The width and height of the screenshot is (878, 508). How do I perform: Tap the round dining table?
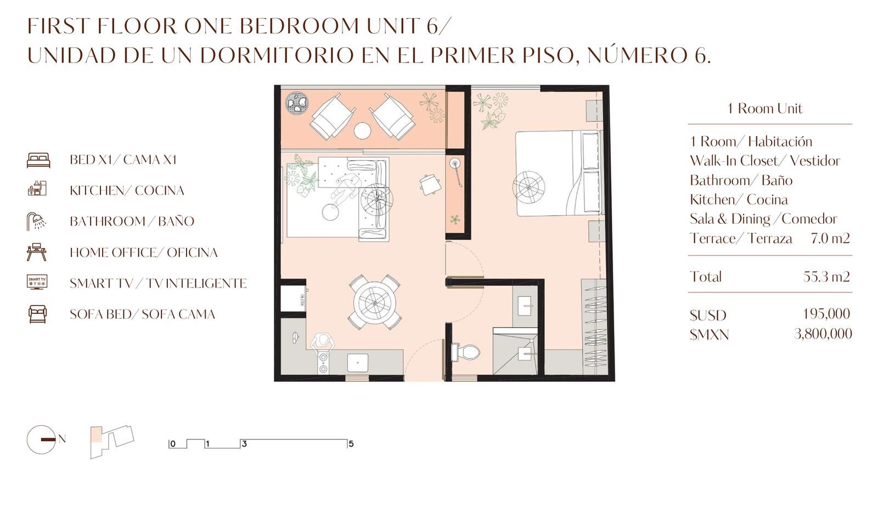[374, 302]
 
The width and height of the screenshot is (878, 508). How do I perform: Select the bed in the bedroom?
[558, 173]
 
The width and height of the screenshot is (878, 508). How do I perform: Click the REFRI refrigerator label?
[302, 300]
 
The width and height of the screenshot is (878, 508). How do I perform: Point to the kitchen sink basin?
[357, 363]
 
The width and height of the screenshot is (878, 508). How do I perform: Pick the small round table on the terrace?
[362, 131]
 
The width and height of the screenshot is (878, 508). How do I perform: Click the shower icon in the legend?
[36, 221]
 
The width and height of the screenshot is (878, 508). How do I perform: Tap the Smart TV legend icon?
[37, 282]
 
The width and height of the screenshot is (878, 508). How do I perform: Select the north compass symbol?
[41, 439]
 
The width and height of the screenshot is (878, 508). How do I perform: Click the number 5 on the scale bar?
[351, 444]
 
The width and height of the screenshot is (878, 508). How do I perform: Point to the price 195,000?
[826, 314]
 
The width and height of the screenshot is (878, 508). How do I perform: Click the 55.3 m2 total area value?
[826, 276]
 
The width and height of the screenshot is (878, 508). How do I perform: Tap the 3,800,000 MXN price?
[823, 334]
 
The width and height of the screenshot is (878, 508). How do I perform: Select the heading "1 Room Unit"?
[765, 108]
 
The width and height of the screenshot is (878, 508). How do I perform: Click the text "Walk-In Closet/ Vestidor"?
[765, 161]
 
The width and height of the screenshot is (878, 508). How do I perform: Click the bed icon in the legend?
[38, 160]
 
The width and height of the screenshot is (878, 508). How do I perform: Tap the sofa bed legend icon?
[38, 314]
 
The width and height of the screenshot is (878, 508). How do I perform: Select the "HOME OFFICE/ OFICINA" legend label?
[143, 252]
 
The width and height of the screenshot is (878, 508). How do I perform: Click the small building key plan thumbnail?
[112, 442]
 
